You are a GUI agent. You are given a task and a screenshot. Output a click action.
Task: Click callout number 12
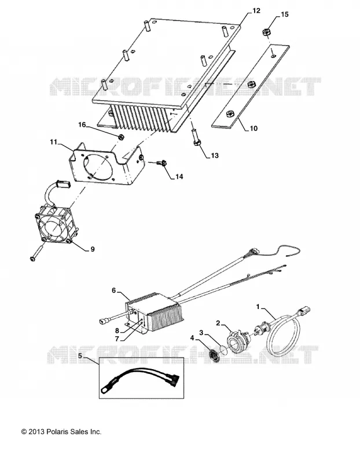click(256, 10)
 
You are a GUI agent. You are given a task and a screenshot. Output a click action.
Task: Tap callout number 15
click(284, 14)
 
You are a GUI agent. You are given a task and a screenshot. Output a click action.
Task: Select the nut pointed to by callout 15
click(266, 32)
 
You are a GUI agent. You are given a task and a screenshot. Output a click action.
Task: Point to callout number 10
click(254, 128)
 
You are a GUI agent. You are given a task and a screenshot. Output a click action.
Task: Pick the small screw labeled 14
click(162, 163)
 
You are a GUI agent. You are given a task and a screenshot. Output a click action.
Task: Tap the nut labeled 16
click(120, 137)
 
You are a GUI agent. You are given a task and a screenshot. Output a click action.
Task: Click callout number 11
click(53, 142)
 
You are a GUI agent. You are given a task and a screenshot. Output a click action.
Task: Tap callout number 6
click(114, 291)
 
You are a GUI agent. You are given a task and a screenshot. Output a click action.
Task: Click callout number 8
click(117, 330)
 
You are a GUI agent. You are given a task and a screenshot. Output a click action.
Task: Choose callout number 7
click(117, 339)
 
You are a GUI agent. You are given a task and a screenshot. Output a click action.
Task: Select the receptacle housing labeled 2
click(238, 343)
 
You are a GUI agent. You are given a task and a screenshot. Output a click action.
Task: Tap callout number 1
click(258, 307)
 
